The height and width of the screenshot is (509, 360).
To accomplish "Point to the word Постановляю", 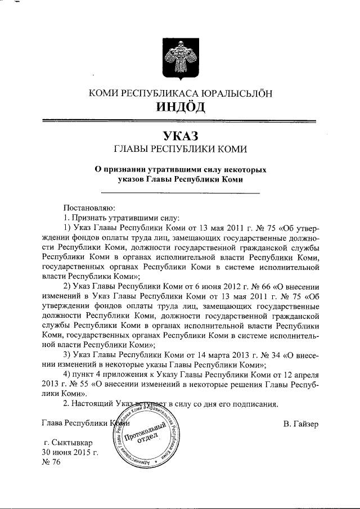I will [89, 207].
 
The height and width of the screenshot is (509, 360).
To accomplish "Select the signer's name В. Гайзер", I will [301, 424].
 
